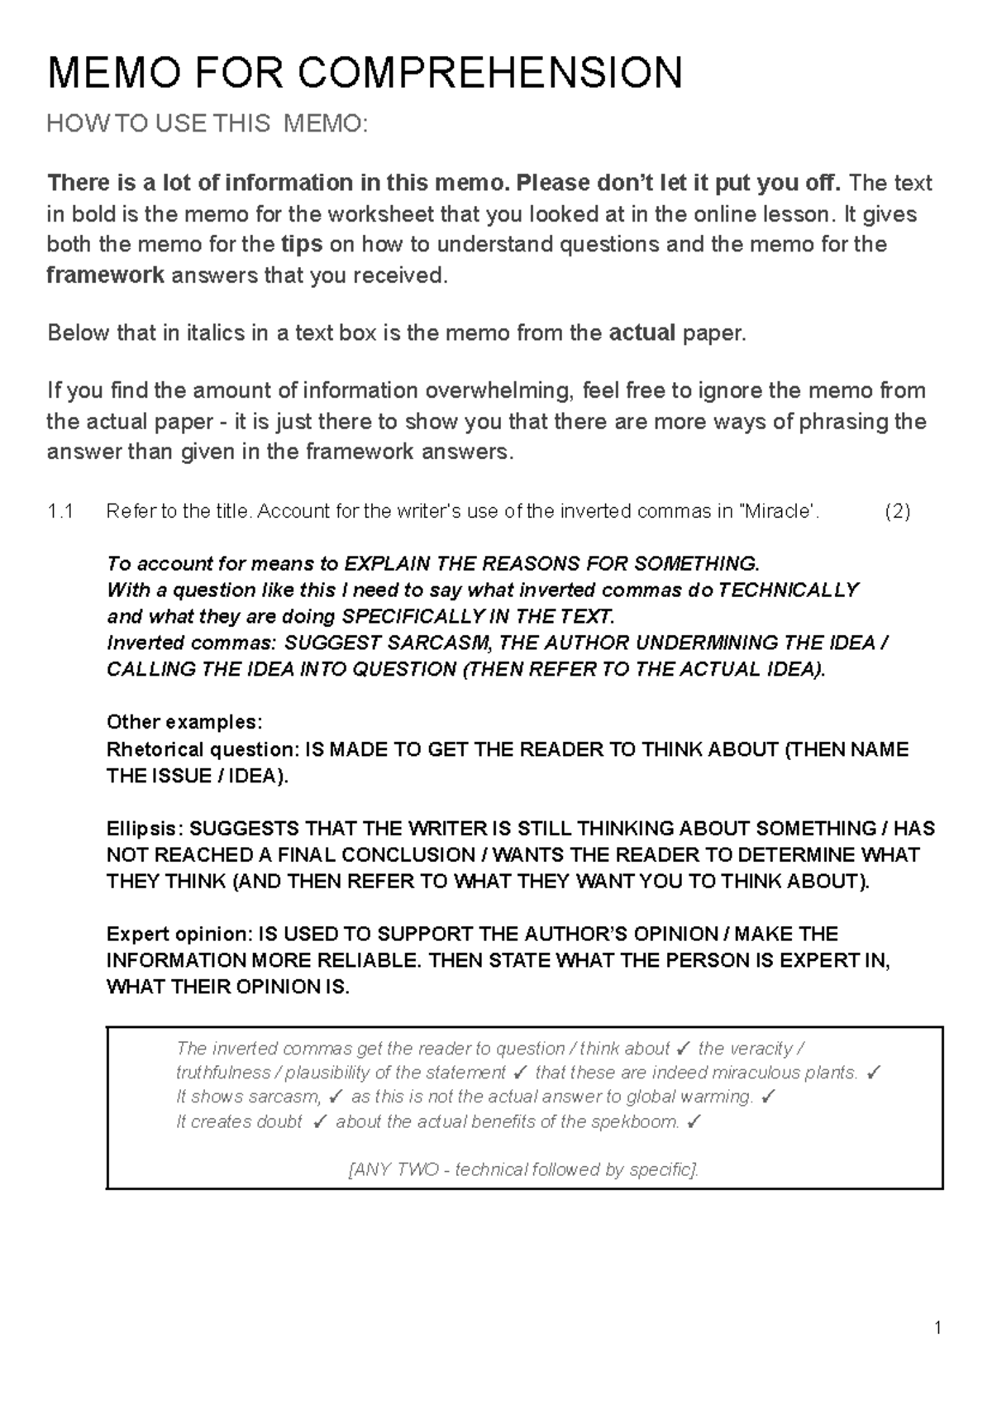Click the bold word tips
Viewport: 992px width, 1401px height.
click(302, 245)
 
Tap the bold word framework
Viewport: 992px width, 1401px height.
click(105, 275)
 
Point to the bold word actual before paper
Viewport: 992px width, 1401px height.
click(641, 333)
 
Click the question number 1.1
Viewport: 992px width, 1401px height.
click(60, 512)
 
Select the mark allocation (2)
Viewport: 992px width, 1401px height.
click(897, 512)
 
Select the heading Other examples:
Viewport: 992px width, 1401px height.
click(184, 723)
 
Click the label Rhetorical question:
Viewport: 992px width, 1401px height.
click(203, 750)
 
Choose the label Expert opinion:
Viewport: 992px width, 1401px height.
click(180, 935)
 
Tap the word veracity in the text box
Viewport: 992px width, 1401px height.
click(745, 1049)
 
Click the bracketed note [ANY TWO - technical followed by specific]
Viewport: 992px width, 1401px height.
click(524, 1170)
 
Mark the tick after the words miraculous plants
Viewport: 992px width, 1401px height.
click(875, 1073)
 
